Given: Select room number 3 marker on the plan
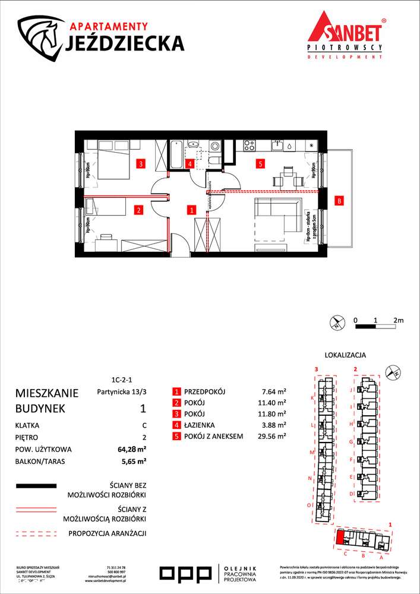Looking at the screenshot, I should pyautogui.click(x=140, y=163).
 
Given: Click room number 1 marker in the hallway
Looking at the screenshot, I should pyautogui.click(x=191, y=209).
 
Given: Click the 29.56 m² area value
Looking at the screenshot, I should pyautogui.click(x=274, y=436).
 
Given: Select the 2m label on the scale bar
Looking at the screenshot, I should pyautogui.click(x=398, y=320).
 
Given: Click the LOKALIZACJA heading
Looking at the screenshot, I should pyautogui.click(x=345, y=355).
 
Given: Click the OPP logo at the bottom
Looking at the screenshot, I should pyautogui.click(x=185, y=573).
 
